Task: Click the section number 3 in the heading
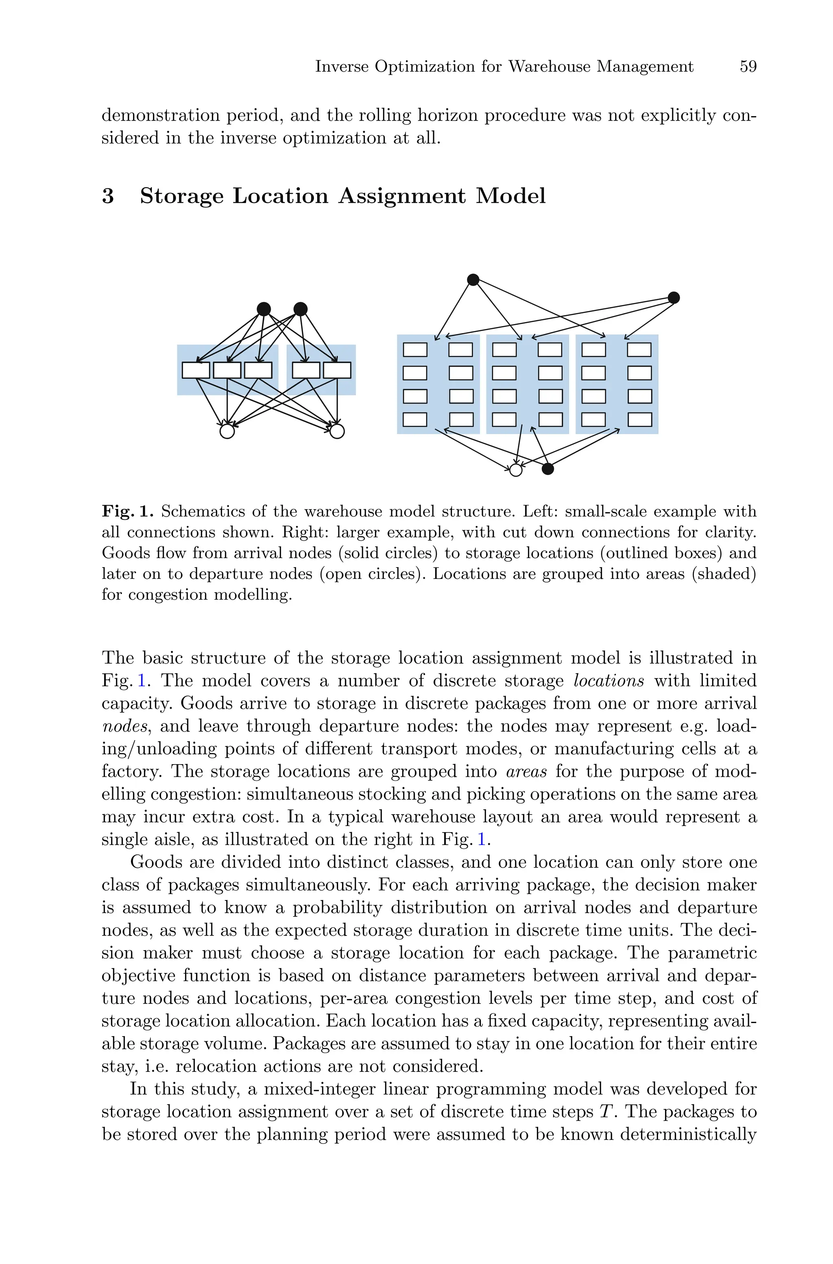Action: (108, 196)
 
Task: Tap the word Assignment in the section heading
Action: (401, 196)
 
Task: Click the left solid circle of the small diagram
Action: (264, 309)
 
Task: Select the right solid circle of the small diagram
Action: (301, 309)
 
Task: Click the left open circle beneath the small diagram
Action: (227, 431)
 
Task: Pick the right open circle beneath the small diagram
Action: (337, 431)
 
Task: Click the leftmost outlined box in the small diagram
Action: (196, 370)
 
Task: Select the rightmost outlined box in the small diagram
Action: (337, 370)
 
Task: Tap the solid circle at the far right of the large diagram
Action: (674, 297)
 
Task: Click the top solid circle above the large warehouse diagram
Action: (473, 280)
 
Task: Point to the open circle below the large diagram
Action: (516, 470)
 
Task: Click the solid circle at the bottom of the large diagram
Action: (548, 469)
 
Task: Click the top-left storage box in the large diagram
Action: (415, 350)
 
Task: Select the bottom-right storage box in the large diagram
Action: (640, 420)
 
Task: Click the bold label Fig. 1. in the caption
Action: (127, 511)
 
